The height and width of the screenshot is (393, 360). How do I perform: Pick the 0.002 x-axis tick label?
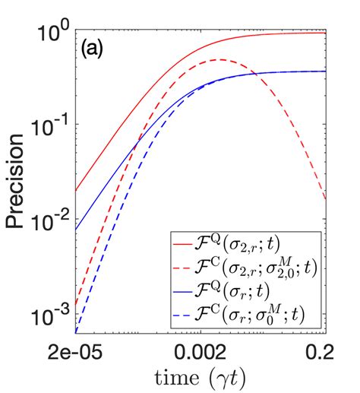tap(201, 352)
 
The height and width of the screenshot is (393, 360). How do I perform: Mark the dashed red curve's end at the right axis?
tap(325, 200)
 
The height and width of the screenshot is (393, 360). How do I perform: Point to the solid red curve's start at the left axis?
tap(77, 192)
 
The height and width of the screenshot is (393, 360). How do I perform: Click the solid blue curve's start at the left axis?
tap(77, 230)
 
